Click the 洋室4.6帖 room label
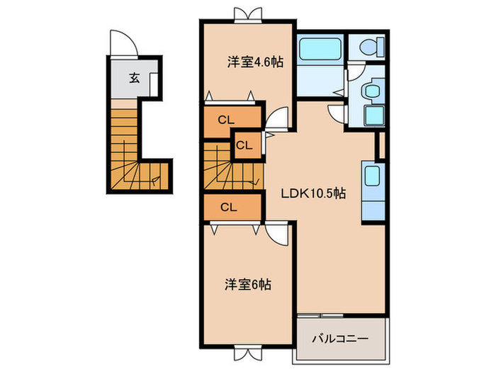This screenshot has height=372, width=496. [x=255, y=62]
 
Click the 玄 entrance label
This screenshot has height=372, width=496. [x=134, y=78]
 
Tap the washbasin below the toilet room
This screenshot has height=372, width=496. [x=369, y=91]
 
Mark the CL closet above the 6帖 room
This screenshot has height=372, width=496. [x=228, y=207]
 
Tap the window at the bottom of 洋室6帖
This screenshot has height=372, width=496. [x=245, y=352]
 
